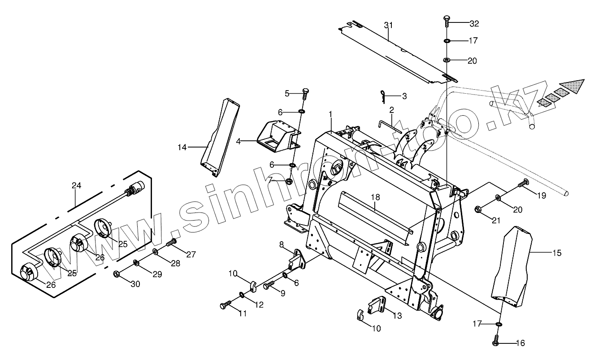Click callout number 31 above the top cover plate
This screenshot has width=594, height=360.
pyautogui.click(x=388, y=25)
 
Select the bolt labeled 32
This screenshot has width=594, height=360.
pyautogui.click(x=446, y=20)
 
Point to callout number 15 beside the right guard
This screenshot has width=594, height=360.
pyautogui.click(x=556, y=253)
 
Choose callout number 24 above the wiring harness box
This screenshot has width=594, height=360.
pyautogui.click(x=76, y=185)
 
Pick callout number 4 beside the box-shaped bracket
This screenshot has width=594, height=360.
pyautogui.click(x=238, y=141)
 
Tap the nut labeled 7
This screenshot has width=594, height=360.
pyautogui.click(x=290, y=181)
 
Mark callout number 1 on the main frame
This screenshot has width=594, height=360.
pyautogui.click(x=330, y=115)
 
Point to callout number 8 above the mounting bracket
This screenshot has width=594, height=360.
pyautogui.click(x=282, y=244)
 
